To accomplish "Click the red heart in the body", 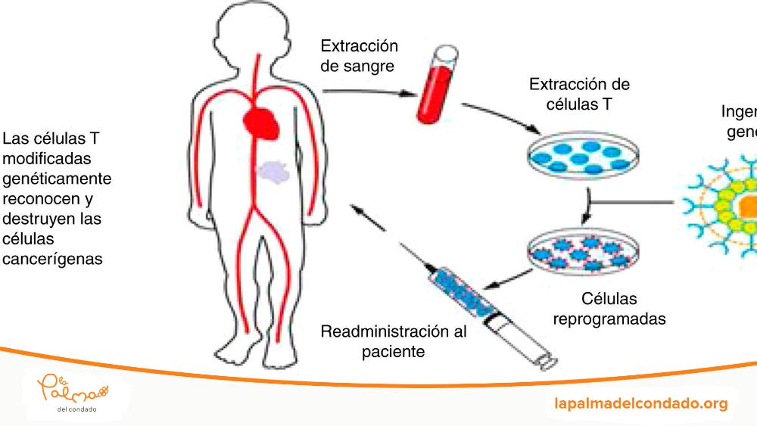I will (262, 121).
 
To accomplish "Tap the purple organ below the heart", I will (274, 172).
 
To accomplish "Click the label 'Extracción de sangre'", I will (358, 55).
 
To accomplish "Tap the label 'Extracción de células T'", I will (580, 94).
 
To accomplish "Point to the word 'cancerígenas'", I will (52, 259).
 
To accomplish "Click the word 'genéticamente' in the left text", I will (57, 179).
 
